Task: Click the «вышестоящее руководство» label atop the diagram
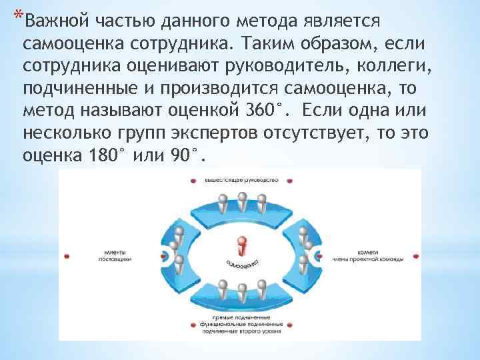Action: [x=241, y=180]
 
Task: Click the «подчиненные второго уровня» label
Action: [x=240, y=329]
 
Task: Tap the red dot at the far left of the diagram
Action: [x=67, y=255]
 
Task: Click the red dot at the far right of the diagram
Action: [x=415, y=255]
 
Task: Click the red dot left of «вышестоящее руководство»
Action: [x=193, y=180]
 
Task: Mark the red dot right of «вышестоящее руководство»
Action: [x=288, y=180]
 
